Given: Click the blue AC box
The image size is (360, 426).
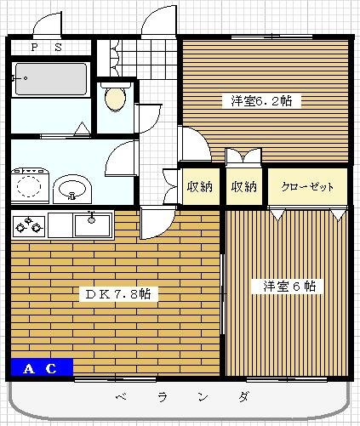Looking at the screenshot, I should pos(41,368).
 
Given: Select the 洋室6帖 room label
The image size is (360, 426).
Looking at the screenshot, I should pos(287,287).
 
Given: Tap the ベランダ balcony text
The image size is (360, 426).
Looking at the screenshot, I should pos(182,397).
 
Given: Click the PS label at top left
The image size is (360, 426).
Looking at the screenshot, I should pos(46,48).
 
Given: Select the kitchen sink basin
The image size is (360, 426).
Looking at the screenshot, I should pos(91,225).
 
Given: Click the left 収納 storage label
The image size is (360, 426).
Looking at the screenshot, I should pos(201,187).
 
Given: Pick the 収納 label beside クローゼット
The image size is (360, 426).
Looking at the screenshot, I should pos(244,187).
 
